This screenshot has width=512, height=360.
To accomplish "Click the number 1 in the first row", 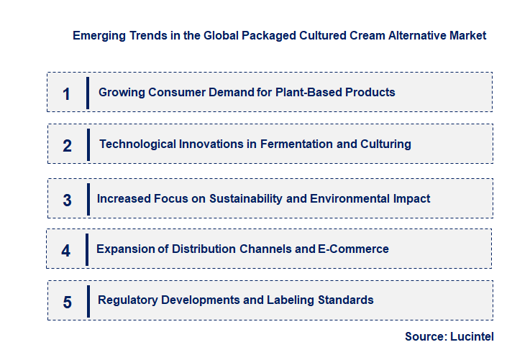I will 67,93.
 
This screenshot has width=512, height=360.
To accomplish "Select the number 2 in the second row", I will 68,146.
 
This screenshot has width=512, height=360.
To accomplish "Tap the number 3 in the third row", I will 68,200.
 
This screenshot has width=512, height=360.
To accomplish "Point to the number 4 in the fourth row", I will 66,251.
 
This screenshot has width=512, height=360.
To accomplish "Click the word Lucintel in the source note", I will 472,336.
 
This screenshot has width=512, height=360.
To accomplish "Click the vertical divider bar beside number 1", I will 87,93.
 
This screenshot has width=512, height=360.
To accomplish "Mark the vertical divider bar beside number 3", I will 87,198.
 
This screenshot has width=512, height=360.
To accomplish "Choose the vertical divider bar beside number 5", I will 87,300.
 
